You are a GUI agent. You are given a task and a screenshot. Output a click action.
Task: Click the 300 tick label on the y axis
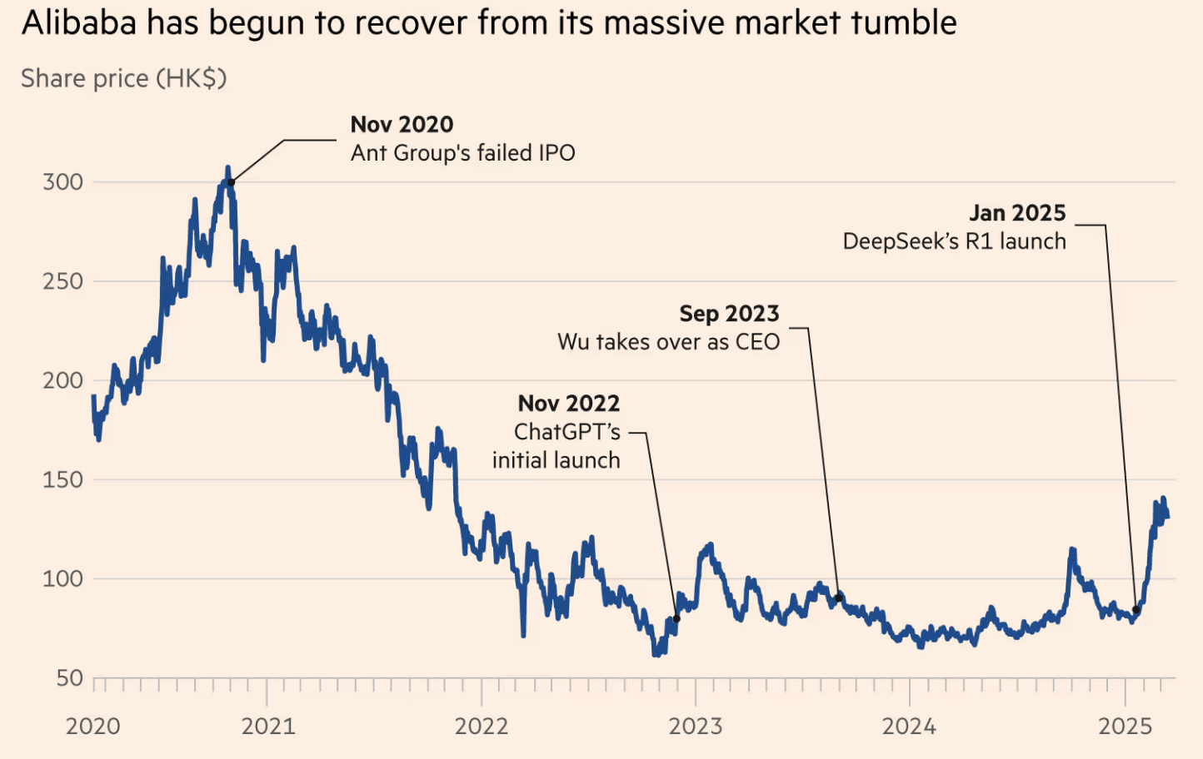pyautogui.click(x=62, y=182)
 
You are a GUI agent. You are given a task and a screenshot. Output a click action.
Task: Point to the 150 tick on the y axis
pyautogui.click(x=62, y=480)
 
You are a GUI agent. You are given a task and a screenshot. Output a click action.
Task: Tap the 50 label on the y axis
pyautogui.click(x=69, y=678)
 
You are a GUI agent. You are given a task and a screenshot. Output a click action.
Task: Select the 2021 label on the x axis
pyautogui.click(x=267, y=727)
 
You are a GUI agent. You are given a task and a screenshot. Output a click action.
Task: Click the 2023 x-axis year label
pyautogui.click(x=696, y=727)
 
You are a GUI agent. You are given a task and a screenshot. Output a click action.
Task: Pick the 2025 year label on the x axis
pyautogui.click(x=1125, y=727)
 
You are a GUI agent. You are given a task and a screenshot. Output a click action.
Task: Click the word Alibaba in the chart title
pyautogui.click(x=79, y=23)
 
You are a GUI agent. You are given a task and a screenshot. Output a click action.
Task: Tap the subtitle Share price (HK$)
pyautogui.click(x=123, y=78)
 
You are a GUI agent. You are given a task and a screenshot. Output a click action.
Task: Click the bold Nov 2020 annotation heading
pyautogui.click(x=402, y=125)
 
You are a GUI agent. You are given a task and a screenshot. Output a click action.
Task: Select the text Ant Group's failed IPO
pyautogui.click(x=462, y=153)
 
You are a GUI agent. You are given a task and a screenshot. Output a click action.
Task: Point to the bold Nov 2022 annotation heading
pyautogui.click(x=569, y=404)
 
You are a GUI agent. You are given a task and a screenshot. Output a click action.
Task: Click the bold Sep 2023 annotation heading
pyautogui.click(x=729, y=314)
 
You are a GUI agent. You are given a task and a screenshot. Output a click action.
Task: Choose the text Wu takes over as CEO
pyautogui.click(x=668, y=342)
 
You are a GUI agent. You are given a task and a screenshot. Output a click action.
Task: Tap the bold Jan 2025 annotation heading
pyautogui.click(x=1017, y=213)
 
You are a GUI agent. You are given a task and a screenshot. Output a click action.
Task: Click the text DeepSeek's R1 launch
pyautogui.click(x=954, y=241)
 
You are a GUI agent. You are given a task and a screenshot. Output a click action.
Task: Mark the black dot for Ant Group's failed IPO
pyautogui.click(x=232, y=182)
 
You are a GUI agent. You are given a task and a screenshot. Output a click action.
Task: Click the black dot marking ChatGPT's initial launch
pyautogui.click(x=676, y=619)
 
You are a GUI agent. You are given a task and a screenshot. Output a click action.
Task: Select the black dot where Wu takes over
pyautogui.click(x=838, y=598)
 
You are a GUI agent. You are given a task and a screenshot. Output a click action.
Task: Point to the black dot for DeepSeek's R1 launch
pyautogui.click(x=1136, y=610)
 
